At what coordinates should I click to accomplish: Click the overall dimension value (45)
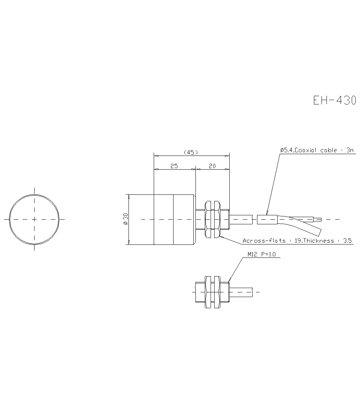point(191,152)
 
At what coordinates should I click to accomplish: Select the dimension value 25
point(174,166)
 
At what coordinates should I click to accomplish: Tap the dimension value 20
point(212,166)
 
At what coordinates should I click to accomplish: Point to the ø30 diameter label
point(125,219)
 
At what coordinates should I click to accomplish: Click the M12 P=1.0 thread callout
point(261,254)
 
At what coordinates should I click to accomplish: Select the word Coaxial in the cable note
point(307,150)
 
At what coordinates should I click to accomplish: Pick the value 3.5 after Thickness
point(347,241)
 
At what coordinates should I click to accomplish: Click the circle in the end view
point(34,219)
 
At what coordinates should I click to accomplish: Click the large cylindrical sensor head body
point(162,219)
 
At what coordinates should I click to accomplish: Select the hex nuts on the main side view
point(212,219)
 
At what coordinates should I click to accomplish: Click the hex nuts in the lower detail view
point(212,292)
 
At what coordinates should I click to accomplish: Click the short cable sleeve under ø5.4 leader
point(267,219)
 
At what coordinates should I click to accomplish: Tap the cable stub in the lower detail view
point(241,292)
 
